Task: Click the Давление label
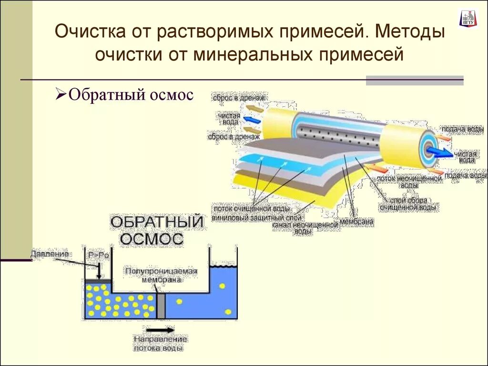point(50,254)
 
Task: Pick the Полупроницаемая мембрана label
point(161,275)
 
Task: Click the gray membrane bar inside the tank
point(161,305)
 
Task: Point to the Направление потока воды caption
point(161,344)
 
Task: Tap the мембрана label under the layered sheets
point(356,222)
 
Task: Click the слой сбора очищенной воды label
point(408,204)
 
